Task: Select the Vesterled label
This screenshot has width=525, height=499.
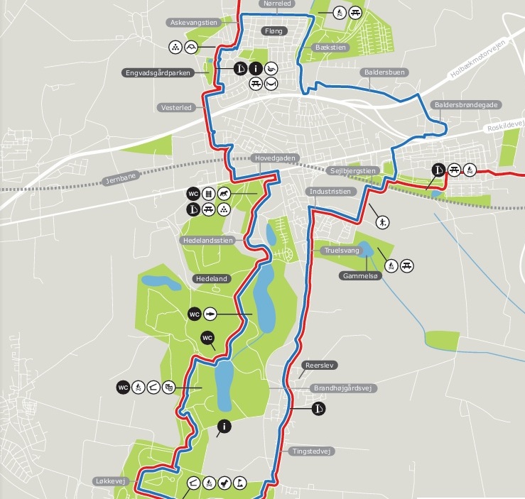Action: tap(176, 107)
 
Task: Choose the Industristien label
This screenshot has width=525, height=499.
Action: tap(330, 192)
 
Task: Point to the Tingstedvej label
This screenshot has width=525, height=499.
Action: tap(313, 451)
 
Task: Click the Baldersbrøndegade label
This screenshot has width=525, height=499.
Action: tap(466, 104)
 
